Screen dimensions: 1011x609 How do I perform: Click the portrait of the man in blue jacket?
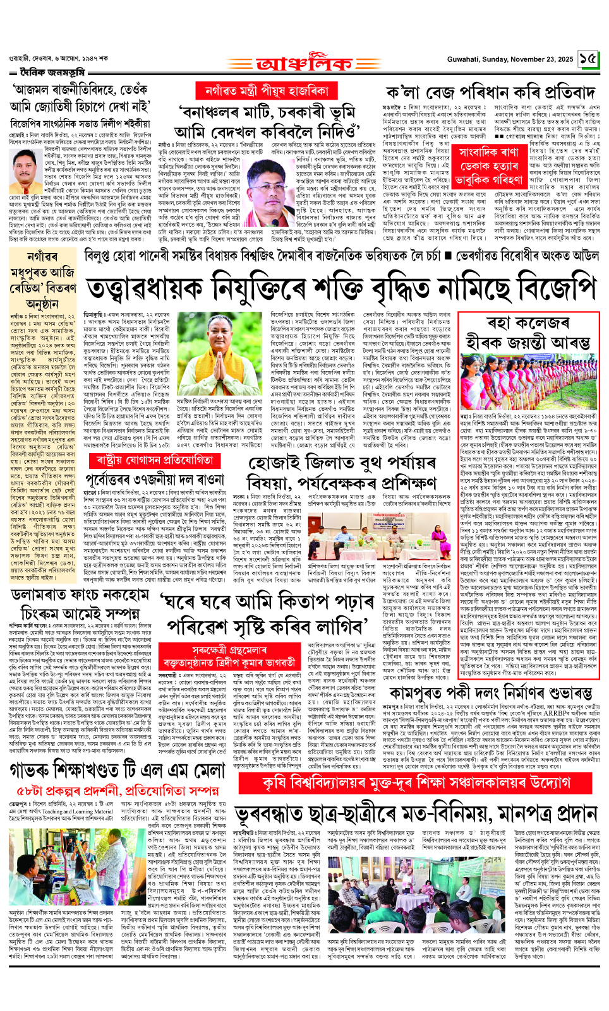25,172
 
